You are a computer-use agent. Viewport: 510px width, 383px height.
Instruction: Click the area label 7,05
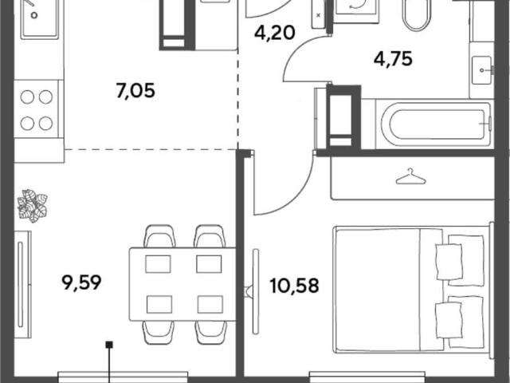click(135, 90)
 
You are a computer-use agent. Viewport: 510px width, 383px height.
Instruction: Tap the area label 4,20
click(275, 33)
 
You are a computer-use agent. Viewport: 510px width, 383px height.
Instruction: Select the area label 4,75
click(393, 59)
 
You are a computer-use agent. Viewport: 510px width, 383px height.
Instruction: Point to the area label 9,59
click(81, 282)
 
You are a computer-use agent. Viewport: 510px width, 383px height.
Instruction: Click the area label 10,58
click(294, 286)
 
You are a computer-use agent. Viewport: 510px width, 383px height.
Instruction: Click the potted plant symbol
click(33, 206)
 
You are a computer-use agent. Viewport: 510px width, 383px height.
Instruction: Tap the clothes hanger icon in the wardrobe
click(410, 176)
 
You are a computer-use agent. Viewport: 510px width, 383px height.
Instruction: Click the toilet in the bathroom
click(417, 14)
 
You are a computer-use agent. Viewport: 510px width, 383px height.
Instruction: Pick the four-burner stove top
click(37, 109)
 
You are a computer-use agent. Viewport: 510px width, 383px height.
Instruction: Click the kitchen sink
click(39, 19)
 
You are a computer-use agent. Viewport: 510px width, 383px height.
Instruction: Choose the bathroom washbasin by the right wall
click(482, 70)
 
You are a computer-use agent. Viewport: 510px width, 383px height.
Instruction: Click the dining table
click(182, 284)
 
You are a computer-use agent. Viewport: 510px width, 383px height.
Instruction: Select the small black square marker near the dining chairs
click(110, 344)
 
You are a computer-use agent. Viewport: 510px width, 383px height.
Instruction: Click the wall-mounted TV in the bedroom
click(256, 292)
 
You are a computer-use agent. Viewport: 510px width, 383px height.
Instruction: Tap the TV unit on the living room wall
click(23, 284)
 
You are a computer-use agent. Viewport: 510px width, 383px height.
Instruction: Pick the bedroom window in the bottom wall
click(367, 377)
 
